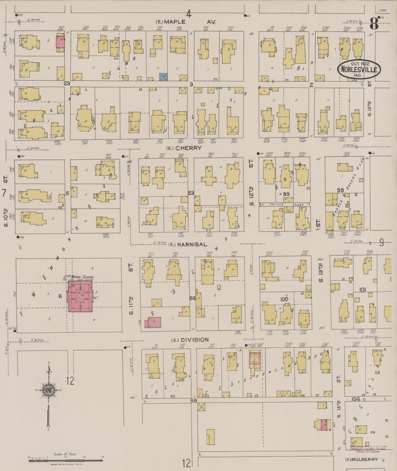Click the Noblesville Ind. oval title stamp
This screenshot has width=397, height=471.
[x=359, y=70]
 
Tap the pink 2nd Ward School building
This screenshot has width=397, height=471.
[x=80, y=296]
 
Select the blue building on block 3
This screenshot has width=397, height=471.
[x=164, y=77]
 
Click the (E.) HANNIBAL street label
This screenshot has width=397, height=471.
[x=188, y=244]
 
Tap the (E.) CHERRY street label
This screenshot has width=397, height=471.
[x=185, y=148]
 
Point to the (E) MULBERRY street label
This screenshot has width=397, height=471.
[x=362, y=459]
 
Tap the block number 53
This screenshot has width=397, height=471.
[x=191, y=193]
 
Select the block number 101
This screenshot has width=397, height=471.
[x=363, y=290]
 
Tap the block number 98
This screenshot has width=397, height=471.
[x=340, y=190]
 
